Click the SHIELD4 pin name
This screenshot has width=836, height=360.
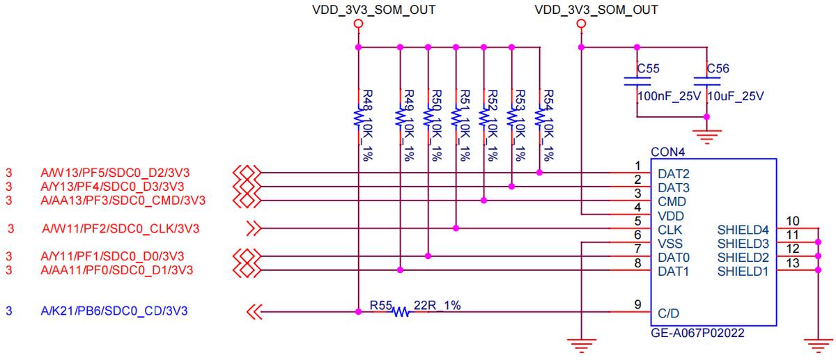[743, 229]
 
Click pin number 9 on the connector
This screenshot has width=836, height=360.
[637, 304]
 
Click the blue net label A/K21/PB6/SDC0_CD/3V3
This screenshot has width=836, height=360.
[114, 311]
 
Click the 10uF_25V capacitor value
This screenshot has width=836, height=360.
[736, 96]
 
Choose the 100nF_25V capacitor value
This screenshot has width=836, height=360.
[669, 96]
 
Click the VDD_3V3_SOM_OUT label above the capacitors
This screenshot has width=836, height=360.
[596, 10]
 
